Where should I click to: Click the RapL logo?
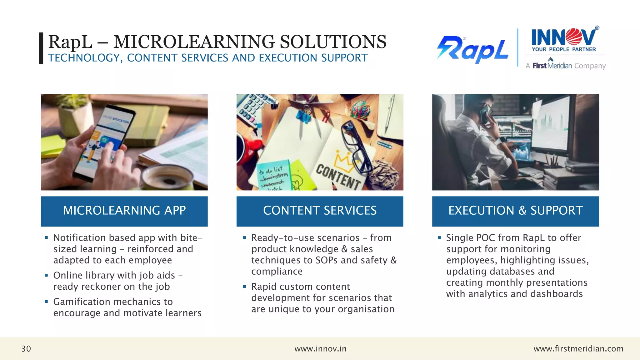coord(472,50)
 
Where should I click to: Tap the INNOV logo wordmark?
coord(564,37)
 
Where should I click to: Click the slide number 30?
coord(26,349)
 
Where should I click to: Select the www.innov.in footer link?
coord(320,349)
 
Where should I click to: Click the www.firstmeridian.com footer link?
coord(578,349)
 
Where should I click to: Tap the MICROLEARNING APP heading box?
coord(124,211)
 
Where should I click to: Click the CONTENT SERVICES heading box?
coord(320,211)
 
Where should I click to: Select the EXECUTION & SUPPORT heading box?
coord(515,211)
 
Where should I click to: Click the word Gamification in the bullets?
coord(82,302)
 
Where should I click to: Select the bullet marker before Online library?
coord(46,275)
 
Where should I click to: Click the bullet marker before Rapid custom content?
coord(244,287)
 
